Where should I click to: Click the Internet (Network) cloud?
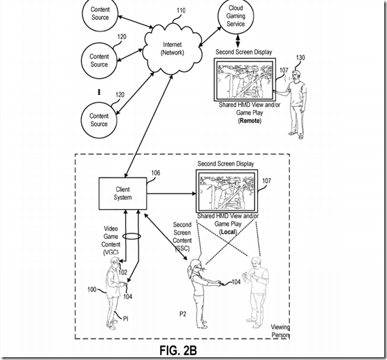172,48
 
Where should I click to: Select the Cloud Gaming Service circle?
235,16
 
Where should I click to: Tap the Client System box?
123,194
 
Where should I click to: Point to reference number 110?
181,10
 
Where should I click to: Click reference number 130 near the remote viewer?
300,58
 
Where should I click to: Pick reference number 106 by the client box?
156,173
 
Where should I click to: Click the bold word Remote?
250,121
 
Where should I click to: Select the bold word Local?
228,232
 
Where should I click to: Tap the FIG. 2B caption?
178,350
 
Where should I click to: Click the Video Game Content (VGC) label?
111,240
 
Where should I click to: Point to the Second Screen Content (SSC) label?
182,236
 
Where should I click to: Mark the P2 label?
182,314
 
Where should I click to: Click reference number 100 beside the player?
92,289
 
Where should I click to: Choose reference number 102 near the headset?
123,273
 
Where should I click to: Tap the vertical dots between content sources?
99,92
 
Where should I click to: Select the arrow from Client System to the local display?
172,194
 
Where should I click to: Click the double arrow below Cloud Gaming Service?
238,41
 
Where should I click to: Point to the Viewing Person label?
280,331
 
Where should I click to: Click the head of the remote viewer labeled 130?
296,75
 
